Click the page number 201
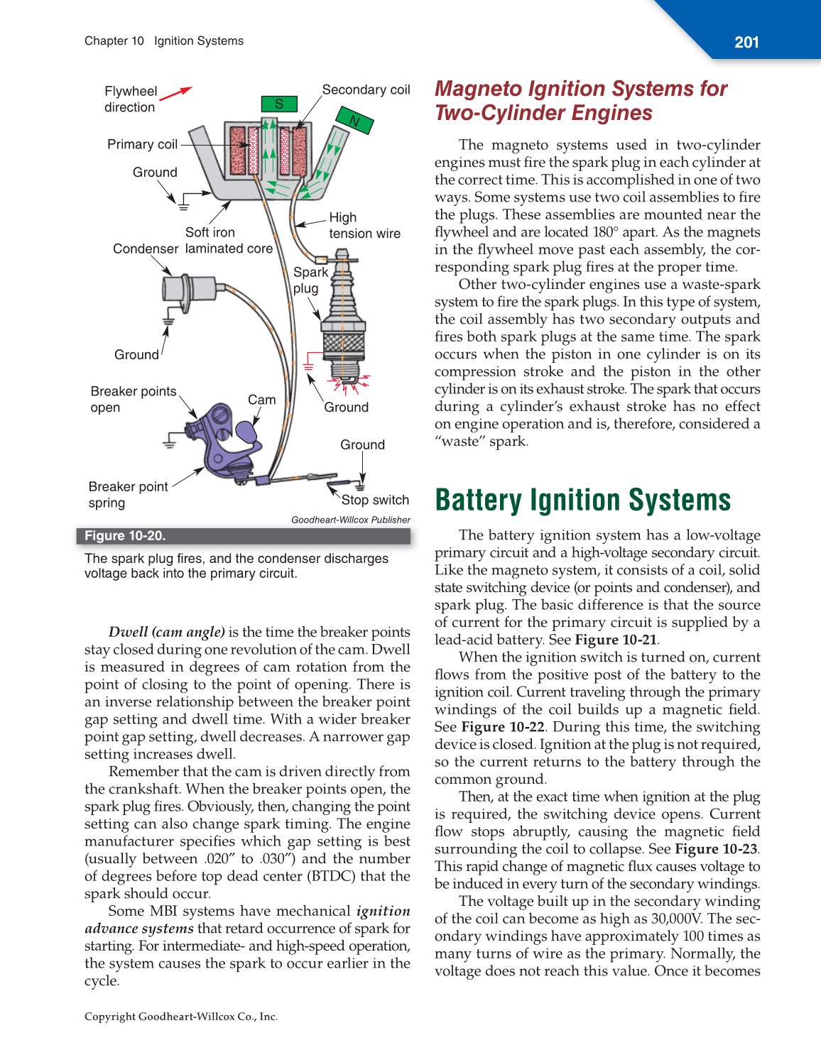point(746,43)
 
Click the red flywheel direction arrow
point(176,93)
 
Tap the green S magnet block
point(279,104)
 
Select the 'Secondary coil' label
point(366,90)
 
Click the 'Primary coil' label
point(142,145)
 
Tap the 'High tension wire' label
point(364,226)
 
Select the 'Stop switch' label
point(375,501)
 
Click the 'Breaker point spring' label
point(128,495)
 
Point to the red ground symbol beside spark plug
point(308,364)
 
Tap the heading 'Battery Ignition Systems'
point(582,501)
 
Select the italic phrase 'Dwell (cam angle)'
point(166,633)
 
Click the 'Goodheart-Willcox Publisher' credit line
point(351,520)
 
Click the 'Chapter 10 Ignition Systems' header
point(164,41)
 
